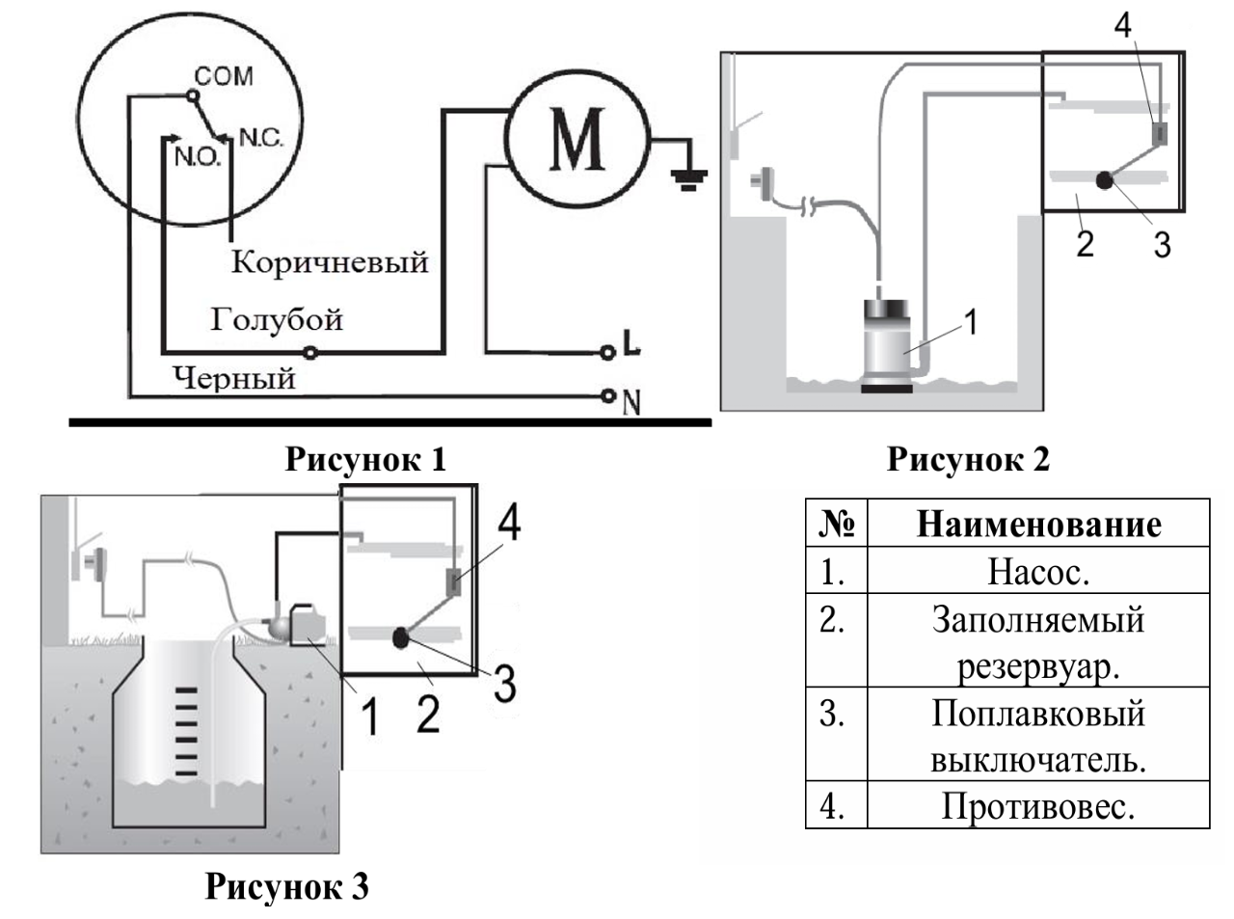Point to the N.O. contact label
point(197,157)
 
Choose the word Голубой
point(277,320)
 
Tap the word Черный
point(234,377)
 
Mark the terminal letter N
point(631,401)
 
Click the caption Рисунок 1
point(365,459)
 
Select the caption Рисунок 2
point(967,459)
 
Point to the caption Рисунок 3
point(286,885)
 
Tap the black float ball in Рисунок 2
point(1105,178)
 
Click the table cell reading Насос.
point(1037,572)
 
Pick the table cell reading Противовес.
point(1037,805)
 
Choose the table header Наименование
point(1037,524)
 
